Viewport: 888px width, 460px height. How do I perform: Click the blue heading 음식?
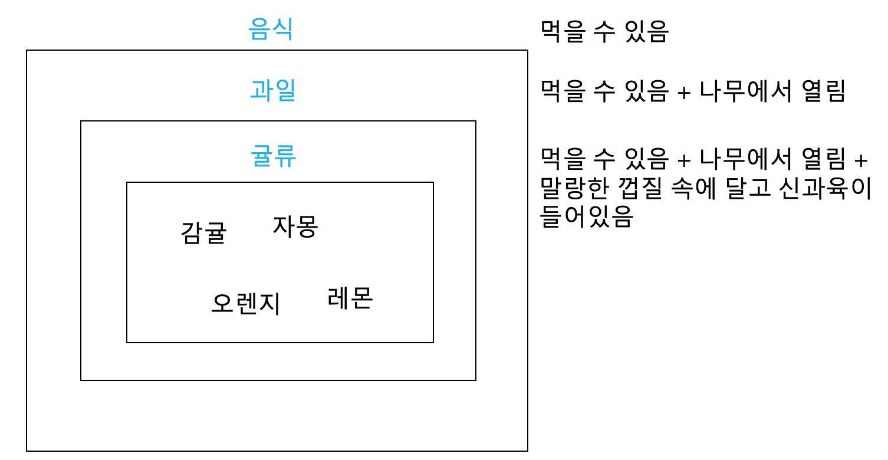pos(270,29)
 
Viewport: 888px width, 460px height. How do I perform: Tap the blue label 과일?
pos(272,90)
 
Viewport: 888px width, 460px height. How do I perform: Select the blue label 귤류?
pos(272,156)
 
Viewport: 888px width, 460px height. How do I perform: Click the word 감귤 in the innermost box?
pos(203,232)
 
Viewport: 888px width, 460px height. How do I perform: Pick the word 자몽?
pos(295,226)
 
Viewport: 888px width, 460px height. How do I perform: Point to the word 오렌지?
pos(245,303)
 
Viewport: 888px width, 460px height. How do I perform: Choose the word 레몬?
pos(350,297)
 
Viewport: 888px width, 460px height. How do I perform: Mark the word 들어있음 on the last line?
pos(587,216)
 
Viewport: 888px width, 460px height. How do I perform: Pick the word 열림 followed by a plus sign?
pos(824,158)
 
